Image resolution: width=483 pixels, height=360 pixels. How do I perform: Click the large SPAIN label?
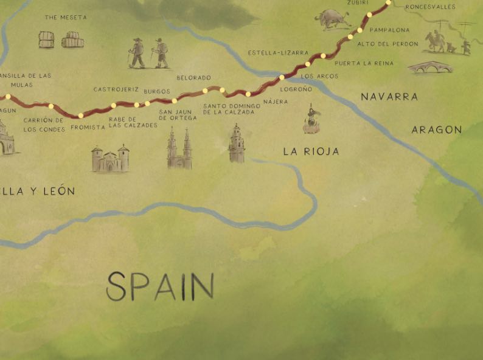point(161,286)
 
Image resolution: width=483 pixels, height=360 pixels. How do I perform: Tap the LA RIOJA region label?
point(311,151)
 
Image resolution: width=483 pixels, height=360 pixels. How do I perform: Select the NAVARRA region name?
point(389,97)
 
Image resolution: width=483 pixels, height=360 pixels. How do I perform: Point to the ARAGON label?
point(436,130)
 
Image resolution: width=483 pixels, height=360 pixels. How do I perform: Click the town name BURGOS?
point(157,91)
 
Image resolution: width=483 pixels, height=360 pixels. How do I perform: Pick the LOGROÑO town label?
point(296,89)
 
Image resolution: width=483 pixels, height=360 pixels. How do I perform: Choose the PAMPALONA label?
point(390,29)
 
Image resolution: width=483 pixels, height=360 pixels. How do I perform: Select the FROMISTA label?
point(88,127)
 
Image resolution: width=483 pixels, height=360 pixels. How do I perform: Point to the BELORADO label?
point(193,78)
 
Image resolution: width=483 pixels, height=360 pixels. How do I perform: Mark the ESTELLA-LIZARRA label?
point(278,53)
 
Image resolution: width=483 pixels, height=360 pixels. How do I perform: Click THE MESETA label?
point(66,18)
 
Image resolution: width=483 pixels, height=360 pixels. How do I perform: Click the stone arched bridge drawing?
point(430,67)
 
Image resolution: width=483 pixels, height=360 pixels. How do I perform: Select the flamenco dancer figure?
point(311,119)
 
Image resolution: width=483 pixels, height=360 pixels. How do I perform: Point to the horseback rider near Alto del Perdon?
point(435,41)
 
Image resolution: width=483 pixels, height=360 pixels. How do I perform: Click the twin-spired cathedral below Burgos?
point(179,150)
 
